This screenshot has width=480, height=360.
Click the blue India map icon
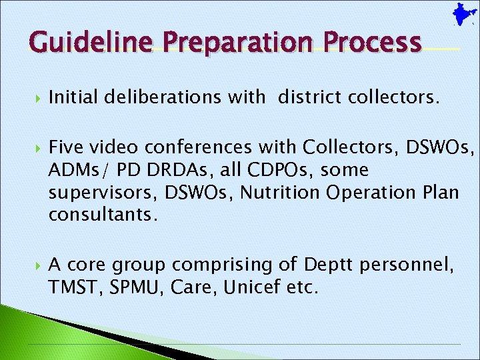pos(459,14)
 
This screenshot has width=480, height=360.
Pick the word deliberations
pos(160,99)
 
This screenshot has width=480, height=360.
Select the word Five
pos(65,147)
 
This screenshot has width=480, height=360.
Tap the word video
pos(106,147)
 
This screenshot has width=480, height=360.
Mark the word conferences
pos(190,147)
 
